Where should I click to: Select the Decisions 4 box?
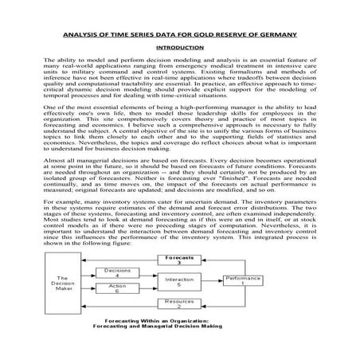117,274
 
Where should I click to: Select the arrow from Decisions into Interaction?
147,276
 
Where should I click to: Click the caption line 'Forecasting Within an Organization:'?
178,320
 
